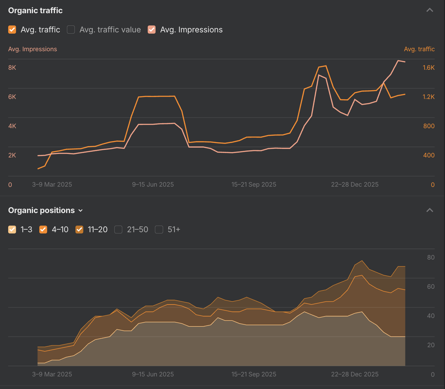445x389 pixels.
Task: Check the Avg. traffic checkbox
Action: (x=12, y=30)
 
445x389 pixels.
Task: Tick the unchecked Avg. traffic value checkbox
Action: (x=71, y=30)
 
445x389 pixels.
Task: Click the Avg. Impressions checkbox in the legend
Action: (x=152, y=30)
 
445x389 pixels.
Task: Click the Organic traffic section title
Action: (x=35, y=10)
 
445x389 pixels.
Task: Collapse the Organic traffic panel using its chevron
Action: (x=430, y=10)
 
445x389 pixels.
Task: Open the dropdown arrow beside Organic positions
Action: (x=80, y=211)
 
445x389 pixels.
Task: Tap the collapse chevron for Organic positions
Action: (x=430, y=210)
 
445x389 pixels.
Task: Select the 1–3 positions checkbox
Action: (x=12, y=230)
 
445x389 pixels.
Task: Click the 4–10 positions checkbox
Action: (x=43, y=230)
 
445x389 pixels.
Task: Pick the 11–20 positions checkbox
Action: (x=80, y=230)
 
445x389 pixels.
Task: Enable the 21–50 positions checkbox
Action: (x=118, y=230)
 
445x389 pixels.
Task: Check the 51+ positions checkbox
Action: (x=159, y=230)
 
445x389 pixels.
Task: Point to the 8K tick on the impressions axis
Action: (x=12, y=68)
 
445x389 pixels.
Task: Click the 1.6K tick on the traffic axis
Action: (x=428, y=68)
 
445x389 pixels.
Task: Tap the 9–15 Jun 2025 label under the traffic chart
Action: (x=153, y=184)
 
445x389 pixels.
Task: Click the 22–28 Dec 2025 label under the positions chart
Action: (x=354, y=374)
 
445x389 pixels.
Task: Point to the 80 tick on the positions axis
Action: (x=431, y=257)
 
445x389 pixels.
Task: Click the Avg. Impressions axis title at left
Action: (x=32, y=49)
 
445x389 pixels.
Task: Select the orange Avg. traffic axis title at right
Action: (x=419, y=49)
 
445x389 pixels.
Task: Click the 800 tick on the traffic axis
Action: (x=429, y=126)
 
